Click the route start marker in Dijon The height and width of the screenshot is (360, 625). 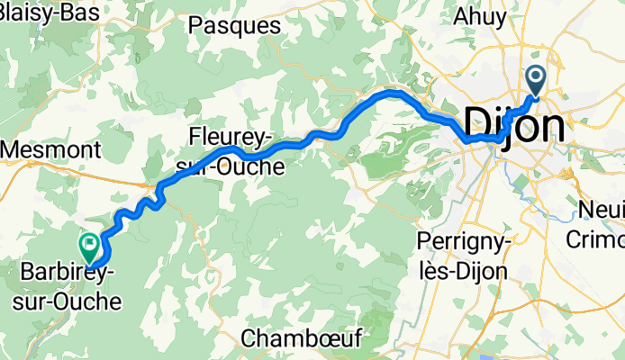point(536,81)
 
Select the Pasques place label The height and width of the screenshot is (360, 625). point(234,26)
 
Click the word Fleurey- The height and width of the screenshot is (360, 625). point(230,138)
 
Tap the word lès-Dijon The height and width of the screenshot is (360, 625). point(463,270)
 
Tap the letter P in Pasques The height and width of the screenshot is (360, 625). point(195,26)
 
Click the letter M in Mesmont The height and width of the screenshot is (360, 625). point(14,146)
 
